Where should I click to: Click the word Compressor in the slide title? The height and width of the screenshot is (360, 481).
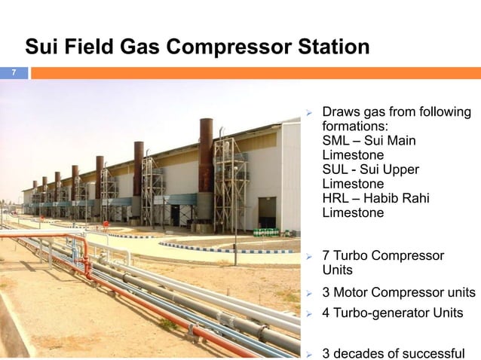226,47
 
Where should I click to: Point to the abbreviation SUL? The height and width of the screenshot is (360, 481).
336,169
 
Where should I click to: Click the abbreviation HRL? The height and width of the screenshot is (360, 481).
336,198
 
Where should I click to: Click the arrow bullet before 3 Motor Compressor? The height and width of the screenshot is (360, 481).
308,293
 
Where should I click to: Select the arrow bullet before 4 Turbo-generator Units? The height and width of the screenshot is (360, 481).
308,313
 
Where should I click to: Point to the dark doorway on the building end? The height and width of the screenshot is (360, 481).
267,213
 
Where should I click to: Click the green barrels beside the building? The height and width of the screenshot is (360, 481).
265,233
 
